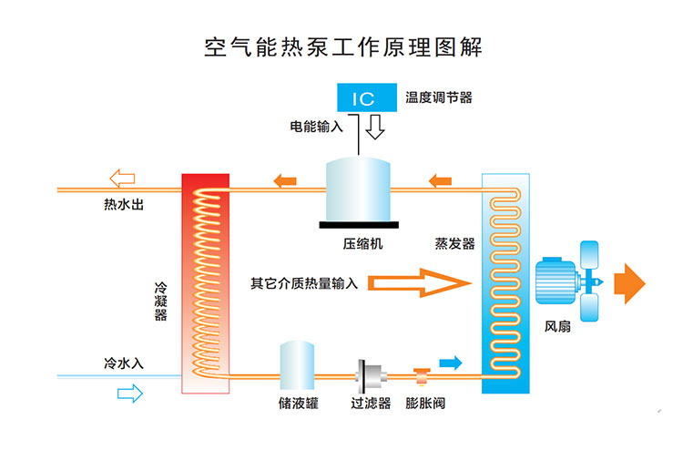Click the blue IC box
tap(362, 97)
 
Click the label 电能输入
tap(311, 127)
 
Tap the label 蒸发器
tap(454, 244)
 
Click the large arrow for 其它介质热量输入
tap(420, 283)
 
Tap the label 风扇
tap(558, 325)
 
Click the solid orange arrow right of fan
tap(629, 281)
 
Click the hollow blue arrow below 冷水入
tap(129, 393)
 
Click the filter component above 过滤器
tap(370, 373)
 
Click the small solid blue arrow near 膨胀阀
tap(450, 363)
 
